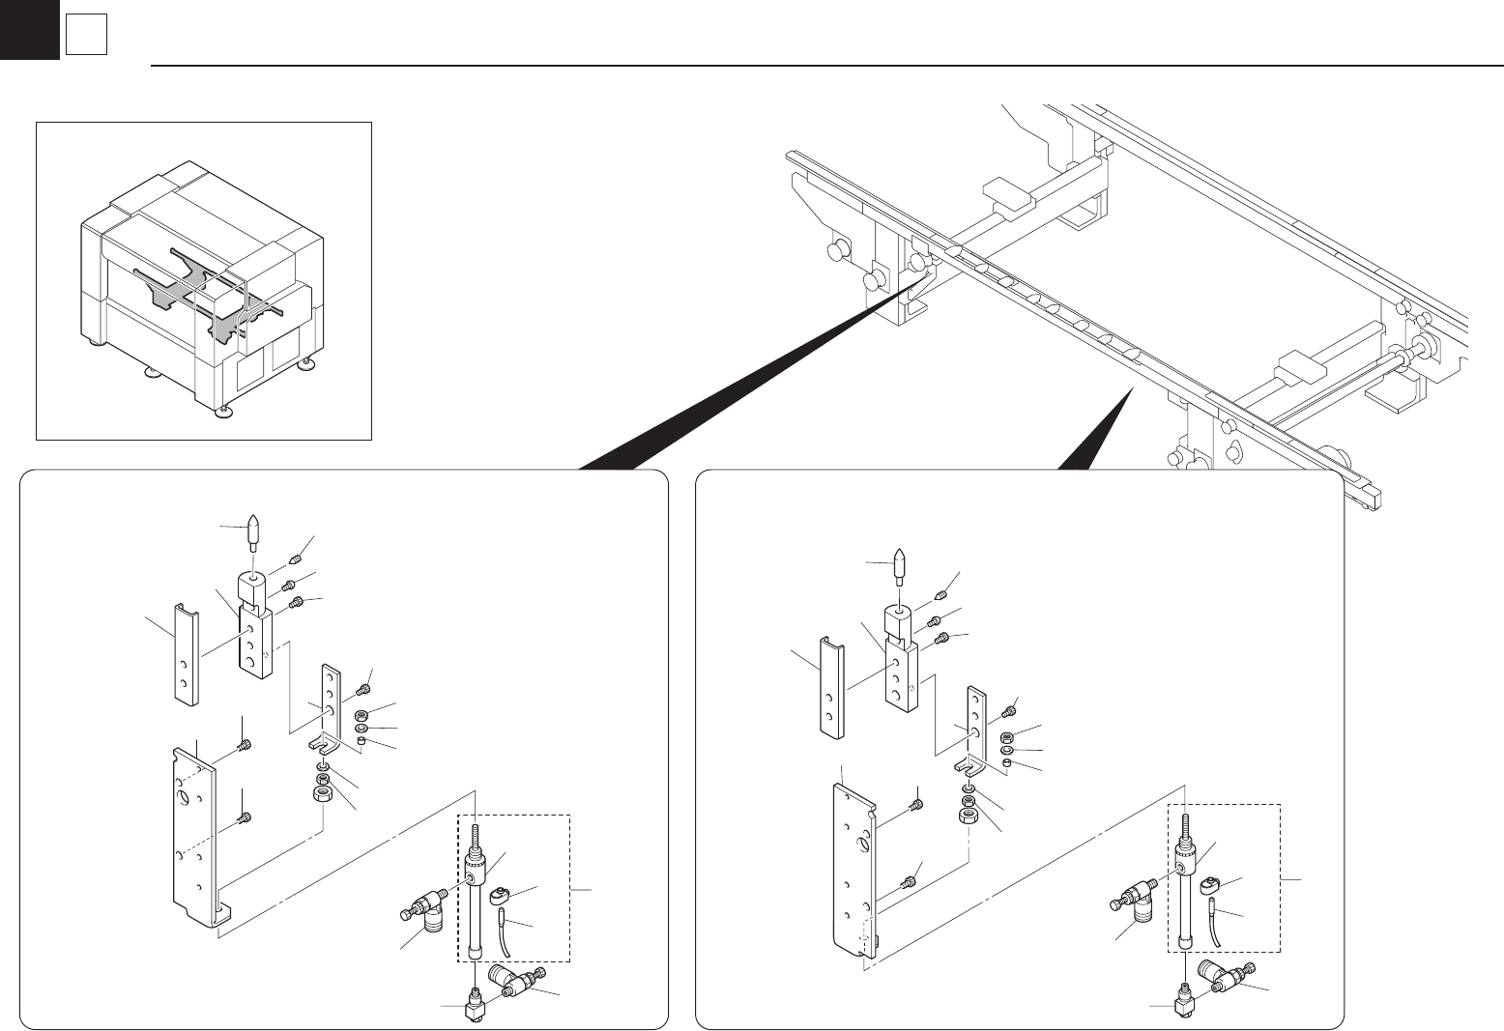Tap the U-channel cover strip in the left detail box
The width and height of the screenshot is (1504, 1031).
tap(185, 652)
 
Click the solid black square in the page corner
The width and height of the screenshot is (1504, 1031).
tap(29, 29)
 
